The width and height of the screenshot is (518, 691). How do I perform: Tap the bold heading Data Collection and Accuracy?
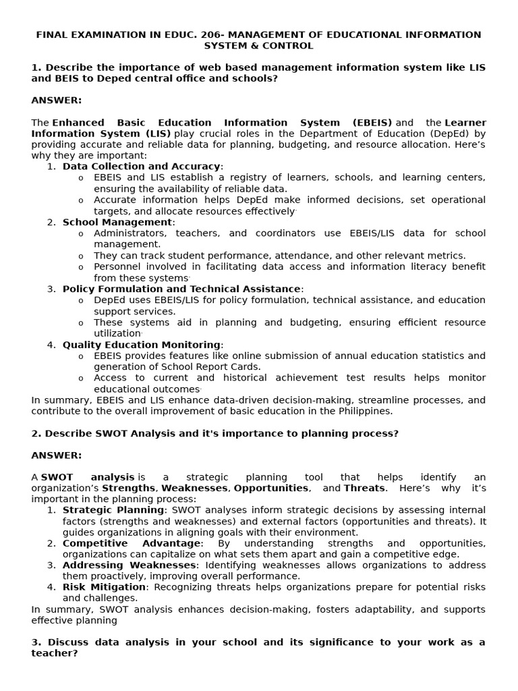142,167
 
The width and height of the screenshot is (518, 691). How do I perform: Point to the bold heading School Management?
117,222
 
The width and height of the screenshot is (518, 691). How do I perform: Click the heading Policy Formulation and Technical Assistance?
181,289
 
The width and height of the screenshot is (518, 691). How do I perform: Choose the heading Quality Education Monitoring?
142,345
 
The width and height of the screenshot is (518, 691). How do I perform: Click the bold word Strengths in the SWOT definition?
129,488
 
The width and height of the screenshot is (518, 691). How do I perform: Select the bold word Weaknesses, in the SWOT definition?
194,488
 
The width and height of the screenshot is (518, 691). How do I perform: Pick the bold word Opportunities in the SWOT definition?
270,488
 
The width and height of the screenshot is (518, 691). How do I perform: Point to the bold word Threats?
364,488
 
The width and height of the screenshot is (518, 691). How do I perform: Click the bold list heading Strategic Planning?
113,510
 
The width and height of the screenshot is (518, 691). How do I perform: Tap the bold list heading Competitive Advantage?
132,543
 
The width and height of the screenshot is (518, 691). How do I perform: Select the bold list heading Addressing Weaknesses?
129,565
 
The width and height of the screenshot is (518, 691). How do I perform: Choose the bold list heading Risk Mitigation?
104,587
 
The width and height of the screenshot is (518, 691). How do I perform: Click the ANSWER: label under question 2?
57,455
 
